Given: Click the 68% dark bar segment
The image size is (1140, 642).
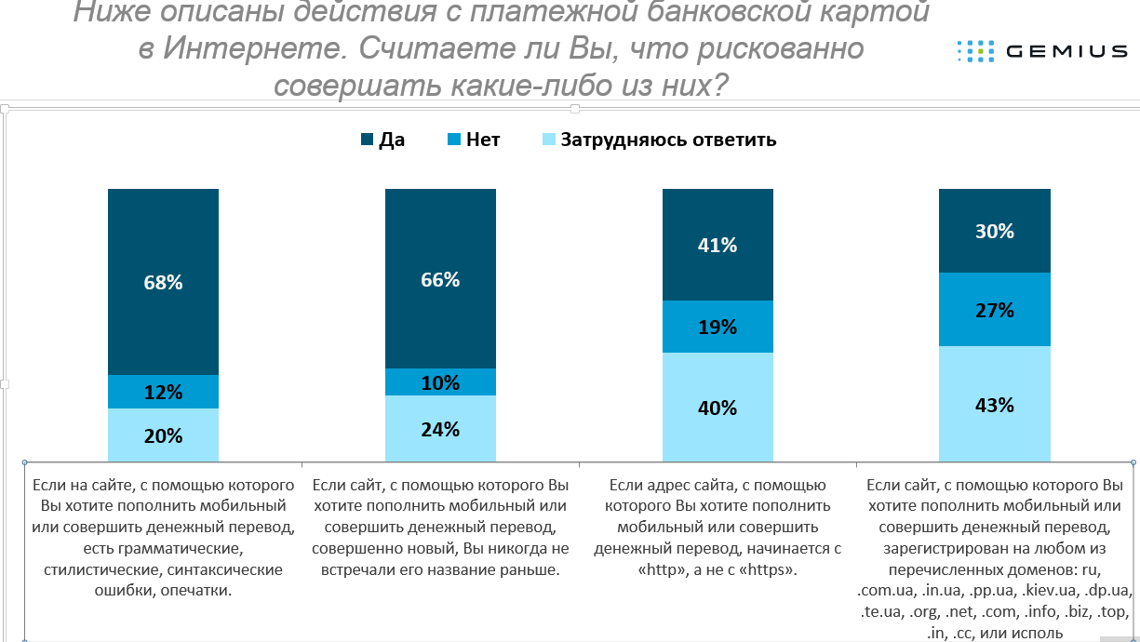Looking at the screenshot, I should point(163,281).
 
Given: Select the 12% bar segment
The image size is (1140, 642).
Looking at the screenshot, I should point(163,392).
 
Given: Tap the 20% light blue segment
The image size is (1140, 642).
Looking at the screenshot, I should point(163,435).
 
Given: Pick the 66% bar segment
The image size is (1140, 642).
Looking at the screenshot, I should point(440,278).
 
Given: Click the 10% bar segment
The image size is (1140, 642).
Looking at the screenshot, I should point(440,381).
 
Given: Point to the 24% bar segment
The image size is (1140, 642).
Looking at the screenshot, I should point(440,428).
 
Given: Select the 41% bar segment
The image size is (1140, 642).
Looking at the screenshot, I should point(718,245).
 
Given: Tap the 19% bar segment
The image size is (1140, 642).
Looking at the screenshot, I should point(718,327).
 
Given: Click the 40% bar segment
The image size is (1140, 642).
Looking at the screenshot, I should point(718,407).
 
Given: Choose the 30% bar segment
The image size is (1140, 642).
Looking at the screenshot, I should point(994,231).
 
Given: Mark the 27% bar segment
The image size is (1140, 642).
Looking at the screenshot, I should point(994,309).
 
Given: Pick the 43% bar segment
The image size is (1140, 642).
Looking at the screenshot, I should point(994,404).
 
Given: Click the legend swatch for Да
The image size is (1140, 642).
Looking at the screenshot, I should point(367,140).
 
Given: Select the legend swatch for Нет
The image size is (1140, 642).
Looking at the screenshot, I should point(454,140).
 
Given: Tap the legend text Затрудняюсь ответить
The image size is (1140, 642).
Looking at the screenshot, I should point(667,140).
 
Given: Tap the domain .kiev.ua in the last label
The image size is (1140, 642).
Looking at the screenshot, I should point(1051,591).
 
